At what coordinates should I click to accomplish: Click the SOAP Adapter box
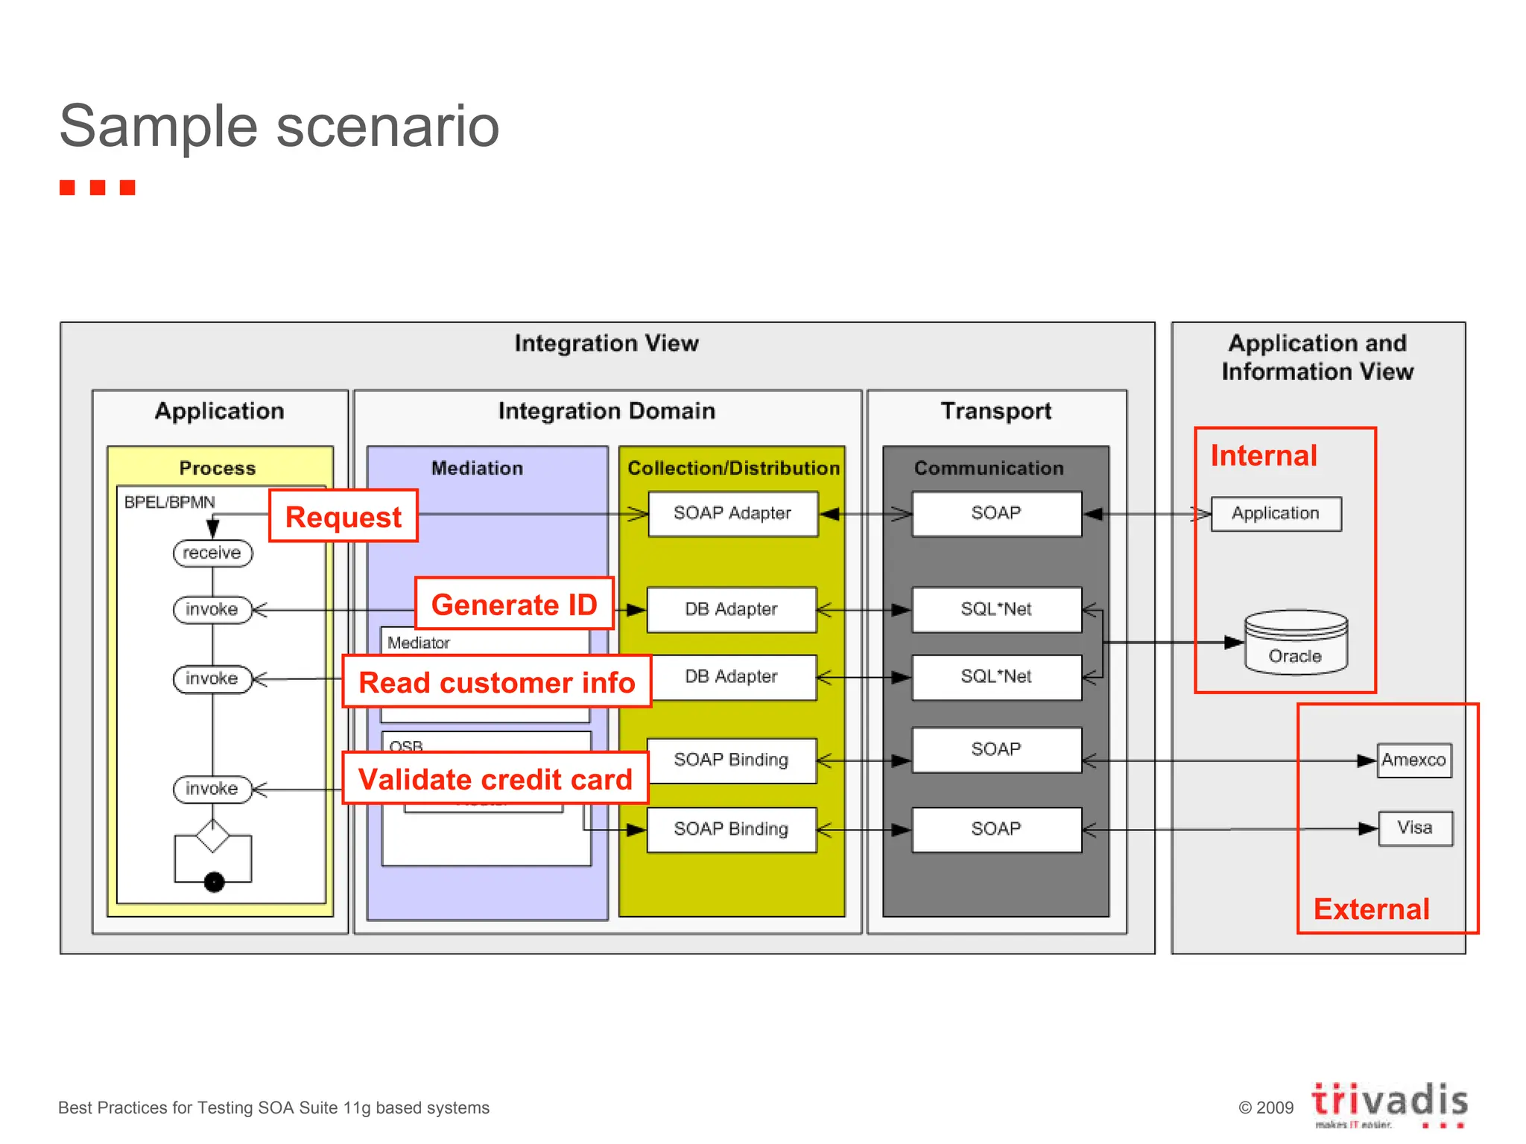[x=732, y=513]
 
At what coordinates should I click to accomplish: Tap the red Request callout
[x=343, y=516]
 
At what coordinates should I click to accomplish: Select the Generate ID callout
[x=514, y=604]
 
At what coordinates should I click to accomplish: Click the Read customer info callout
[x=496, y=681]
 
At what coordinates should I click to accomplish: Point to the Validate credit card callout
[x=496, y=778]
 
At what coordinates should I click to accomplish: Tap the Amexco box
[x=1413, y=760]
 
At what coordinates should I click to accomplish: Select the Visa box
[x=1414, y=828]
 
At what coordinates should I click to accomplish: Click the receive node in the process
[x=212, y=553]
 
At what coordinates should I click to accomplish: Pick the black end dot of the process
[x=214, y=882]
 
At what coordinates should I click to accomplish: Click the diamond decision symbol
[x=213, y=836]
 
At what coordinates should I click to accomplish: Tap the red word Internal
[x=1264, y=455]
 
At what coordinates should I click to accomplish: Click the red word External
[x=1371, y=909]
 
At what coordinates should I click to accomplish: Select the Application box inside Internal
[x=1276, y=513]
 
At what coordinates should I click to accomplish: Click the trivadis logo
[x=1389, y=1102]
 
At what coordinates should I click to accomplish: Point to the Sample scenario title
[x=279, y=126]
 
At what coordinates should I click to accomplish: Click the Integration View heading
[x=607, y=343]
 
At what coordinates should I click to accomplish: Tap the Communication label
[x=989, y=468]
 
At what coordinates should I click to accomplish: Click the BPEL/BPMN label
[x=169, y=502]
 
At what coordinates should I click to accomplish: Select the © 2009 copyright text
[x=1265, y=1108]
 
